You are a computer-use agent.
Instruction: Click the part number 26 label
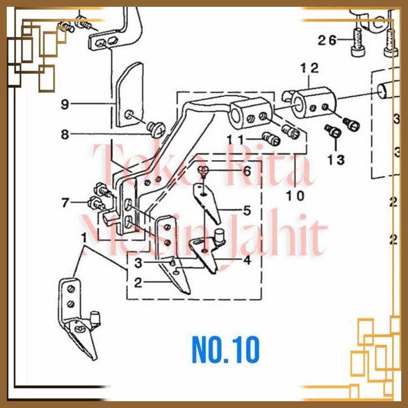tap(327, 40)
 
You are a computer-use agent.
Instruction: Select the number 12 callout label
tap(309, 68)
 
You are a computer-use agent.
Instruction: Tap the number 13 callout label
tap(336, 160)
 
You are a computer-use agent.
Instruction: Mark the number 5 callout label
tap(246, 211)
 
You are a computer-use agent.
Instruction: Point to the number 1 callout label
tap(84, 237)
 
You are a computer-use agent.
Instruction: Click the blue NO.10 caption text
tap(225, 350)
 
